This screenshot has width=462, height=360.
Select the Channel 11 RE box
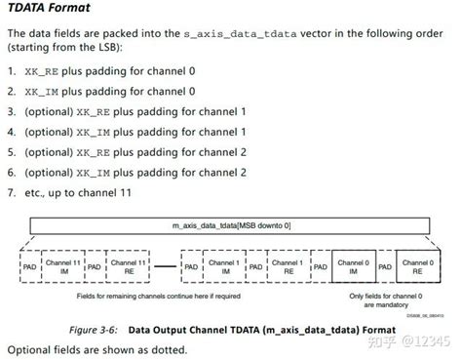click(129, 265)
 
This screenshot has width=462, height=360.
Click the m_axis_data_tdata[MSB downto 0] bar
click(231, 226)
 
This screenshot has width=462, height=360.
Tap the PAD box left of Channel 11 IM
click(29, 265)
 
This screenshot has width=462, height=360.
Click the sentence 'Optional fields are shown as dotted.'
click(98, 348)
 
